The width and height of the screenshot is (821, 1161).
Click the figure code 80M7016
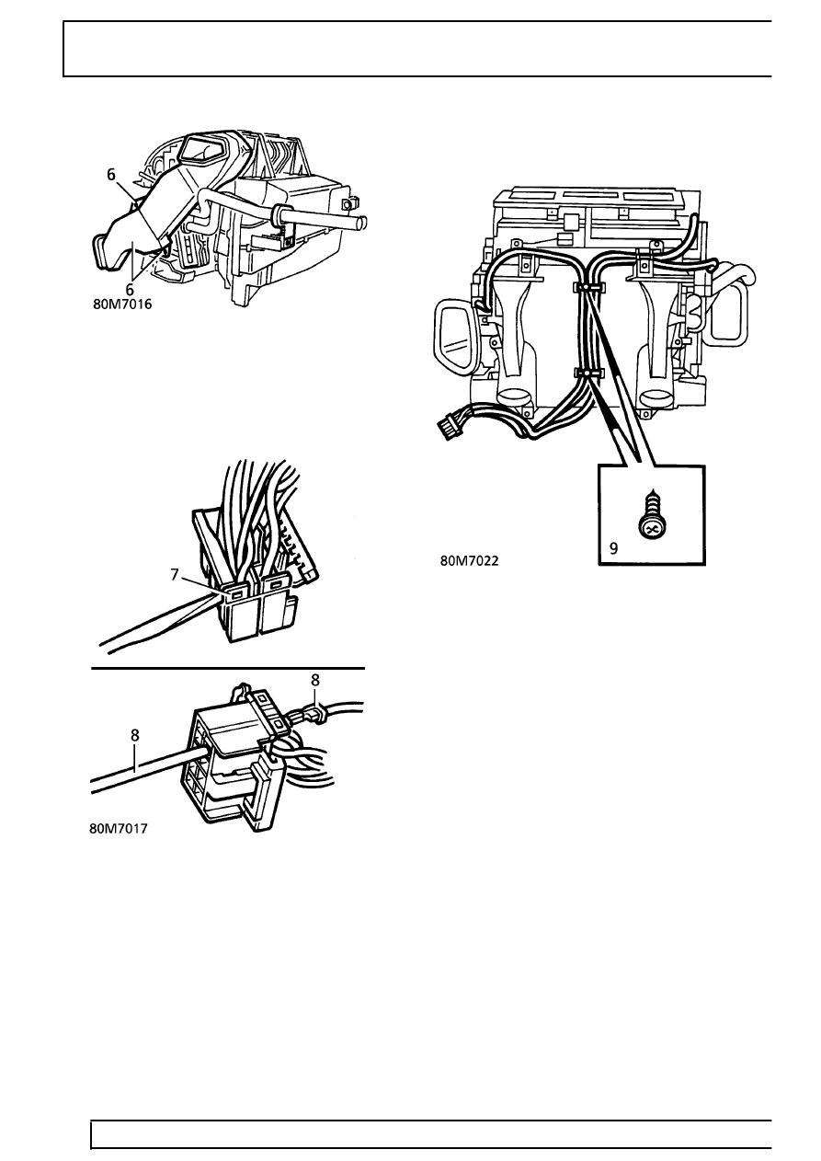122,305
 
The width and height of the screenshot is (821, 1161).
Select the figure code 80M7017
118,829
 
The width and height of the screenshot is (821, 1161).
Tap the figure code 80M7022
469,560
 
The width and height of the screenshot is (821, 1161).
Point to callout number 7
175,574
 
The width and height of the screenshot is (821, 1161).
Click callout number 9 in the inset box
614,548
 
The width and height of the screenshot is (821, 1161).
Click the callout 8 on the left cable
135,735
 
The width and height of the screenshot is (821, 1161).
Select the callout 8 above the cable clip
315,680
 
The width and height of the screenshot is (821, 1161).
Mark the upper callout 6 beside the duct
111,175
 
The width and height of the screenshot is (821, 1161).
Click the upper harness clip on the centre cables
588,287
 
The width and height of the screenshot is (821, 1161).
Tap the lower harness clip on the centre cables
588,373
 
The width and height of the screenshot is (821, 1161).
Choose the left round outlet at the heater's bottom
513,397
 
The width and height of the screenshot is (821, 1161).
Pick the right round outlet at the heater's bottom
656,398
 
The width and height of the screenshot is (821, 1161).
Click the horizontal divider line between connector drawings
228,669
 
